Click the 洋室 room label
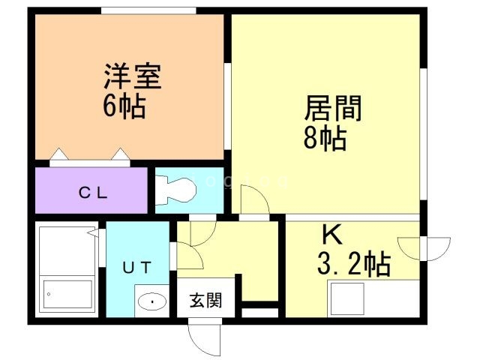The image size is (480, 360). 133,76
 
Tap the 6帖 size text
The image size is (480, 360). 124,106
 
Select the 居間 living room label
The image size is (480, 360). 333,108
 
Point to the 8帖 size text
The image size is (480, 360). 325,138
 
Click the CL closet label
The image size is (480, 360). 93,193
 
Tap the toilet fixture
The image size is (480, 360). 175,190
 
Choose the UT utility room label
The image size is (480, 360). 136,267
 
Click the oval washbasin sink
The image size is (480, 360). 151,301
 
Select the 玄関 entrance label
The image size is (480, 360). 205,300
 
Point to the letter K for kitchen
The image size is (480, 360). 333,234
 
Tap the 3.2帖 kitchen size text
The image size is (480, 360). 354,264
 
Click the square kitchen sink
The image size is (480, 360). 347,299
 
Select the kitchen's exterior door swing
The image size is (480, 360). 424,248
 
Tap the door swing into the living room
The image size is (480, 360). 255,199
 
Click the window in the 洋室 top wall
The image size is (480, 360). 148,10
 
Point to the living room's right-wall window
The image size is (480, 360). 423,134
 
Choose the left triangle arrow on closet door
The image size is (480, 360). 59,154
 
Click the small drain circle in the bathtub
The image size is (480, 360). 49,294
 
